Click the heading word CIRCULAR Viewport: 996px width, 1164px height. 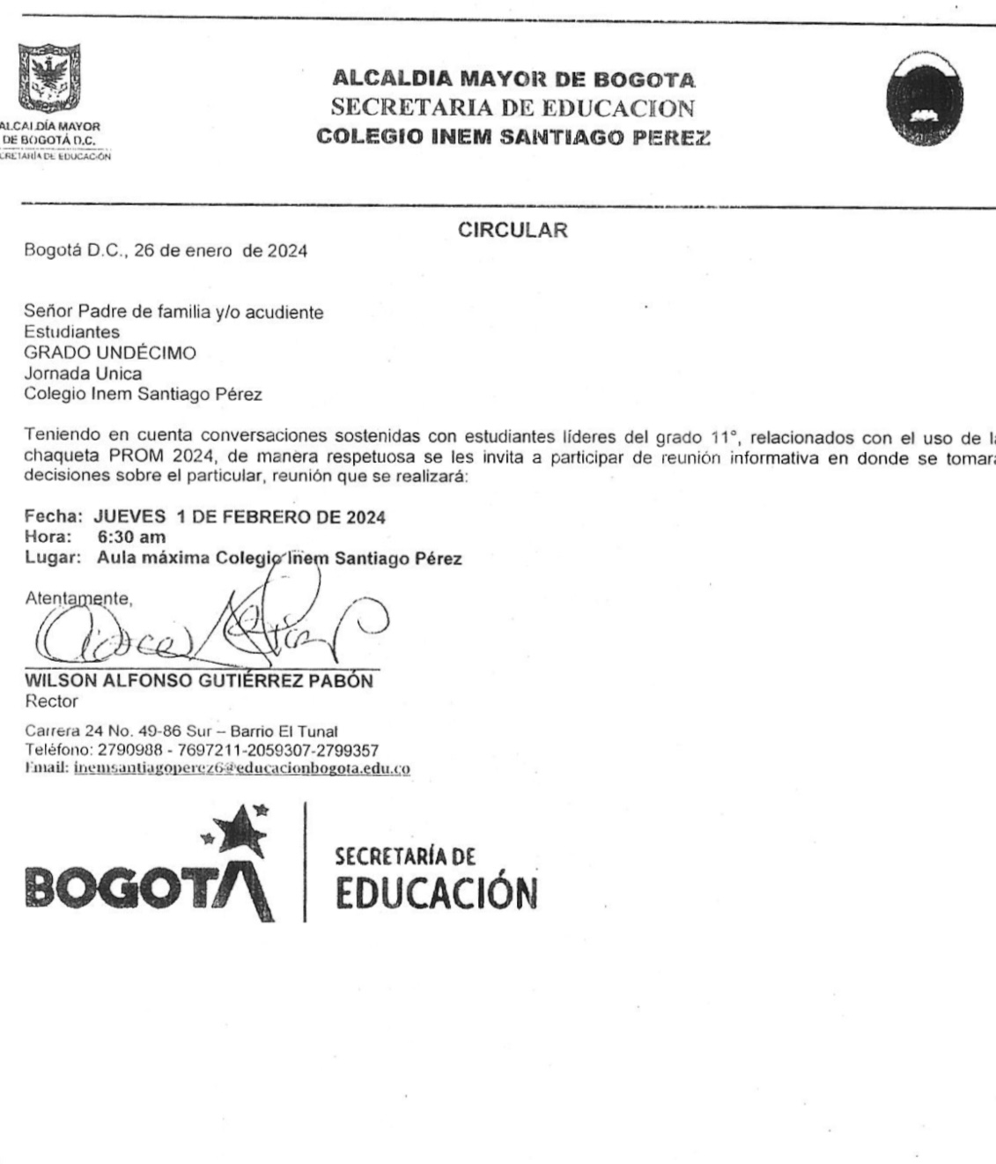coord(513,231)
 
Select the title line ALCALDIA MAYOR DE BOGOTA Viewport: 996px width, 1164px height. coord(513,80)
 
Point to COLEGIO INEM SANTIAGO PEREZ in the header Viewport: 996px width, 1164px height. coord(513,137)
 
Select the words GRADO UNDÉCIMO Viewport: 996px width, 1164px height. coord(110,353)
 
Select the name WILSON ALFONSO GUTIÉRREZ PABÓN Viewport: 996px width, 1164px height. coord(199,682)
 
